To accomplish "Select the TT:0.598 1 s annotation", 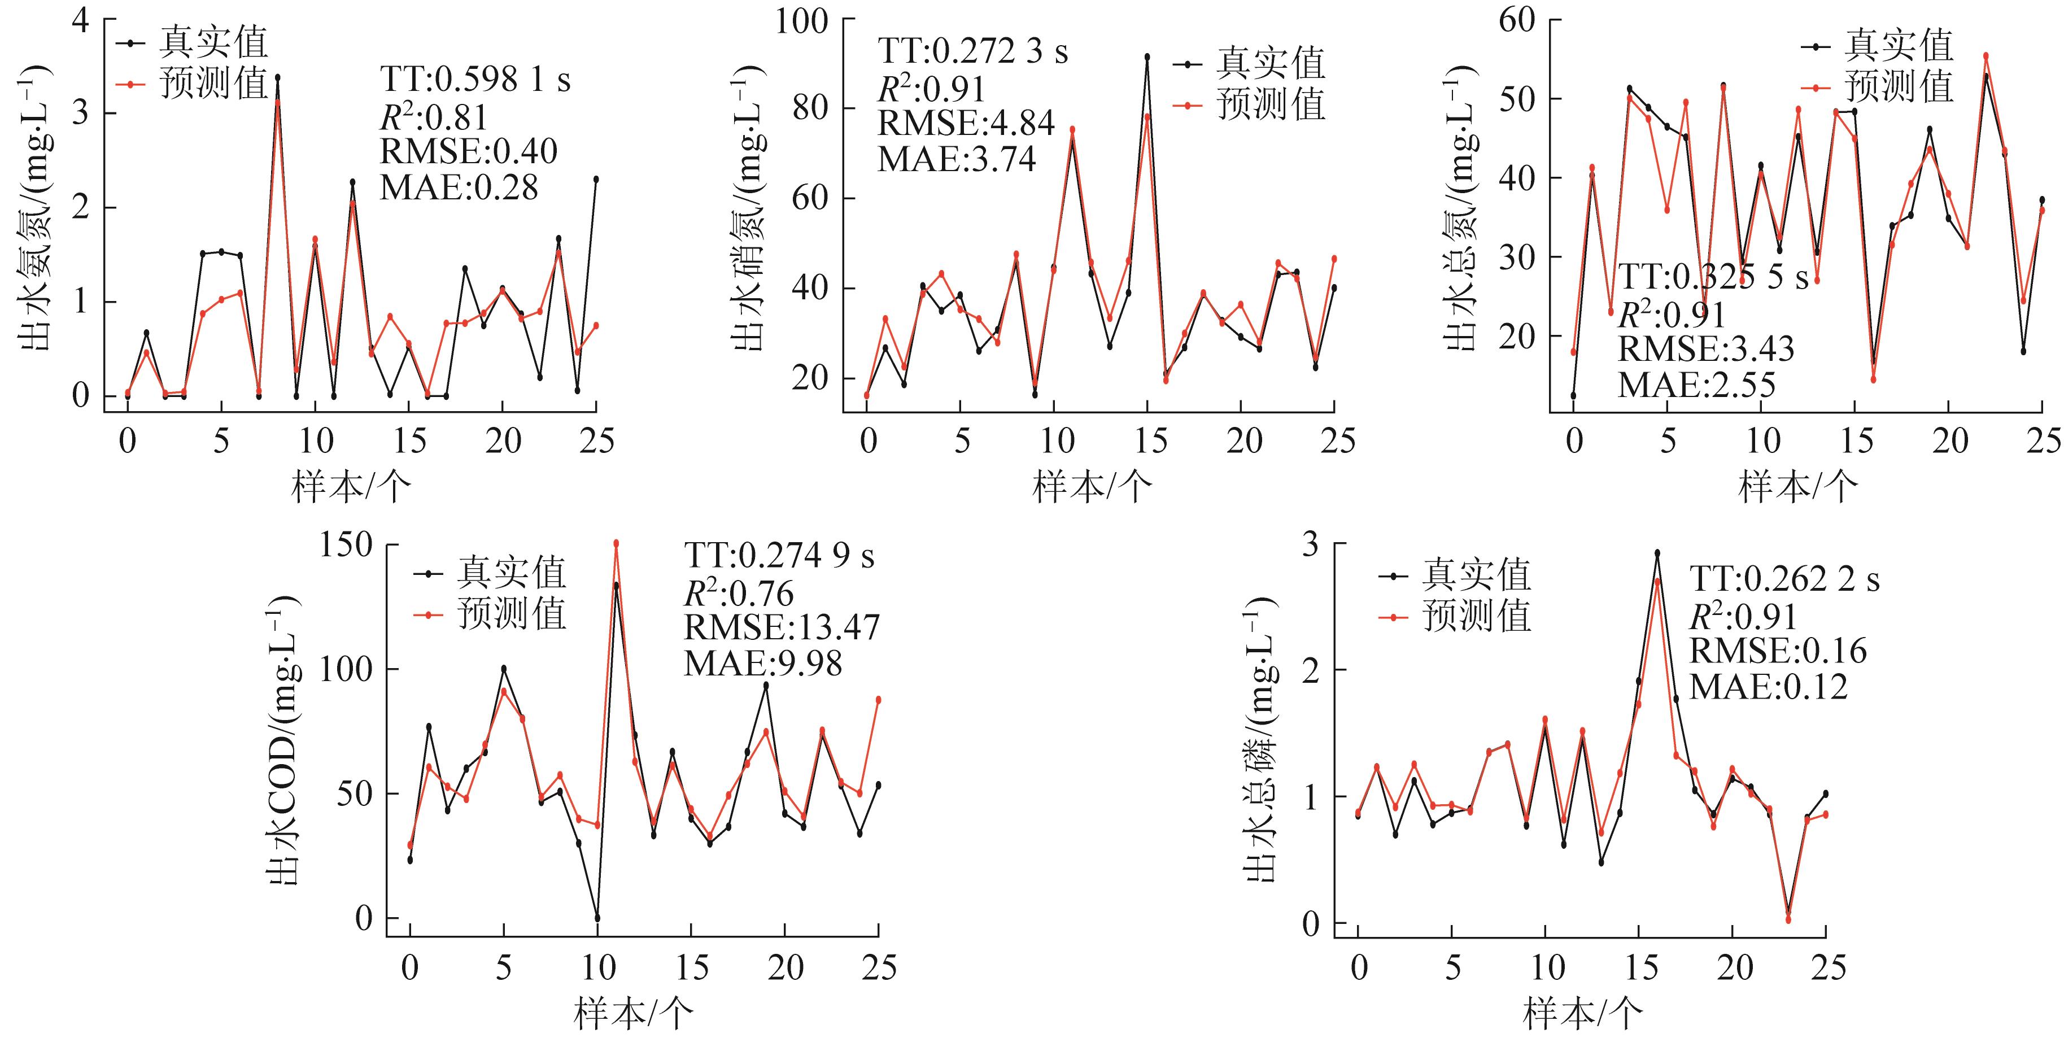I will [x=474, y=80].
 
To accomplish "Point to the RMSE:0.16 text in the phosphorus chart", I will [x=1777, y=650].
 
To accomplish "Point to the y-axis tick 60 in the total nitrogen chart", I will [x=1517, y=19].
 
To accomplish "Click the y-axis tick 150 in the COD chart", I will [x=346, y=545].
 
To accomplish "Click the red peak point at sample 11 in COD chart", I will [x=616, y=543].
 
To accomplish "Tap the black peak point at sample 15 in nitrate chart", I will [x=1146, y=57].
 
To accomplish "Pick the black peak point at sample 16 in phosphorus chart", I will [x=1657, y=552].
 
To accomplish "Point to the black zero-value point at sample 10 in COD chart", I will [x=597, y=918].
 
